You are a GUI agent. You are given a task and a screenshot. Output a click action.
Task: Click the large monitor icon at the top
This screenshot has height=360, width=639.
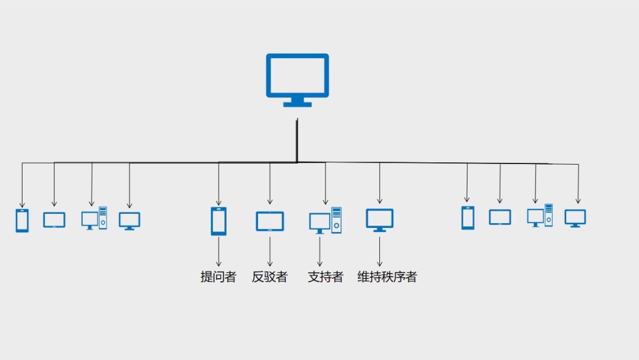point(297,77)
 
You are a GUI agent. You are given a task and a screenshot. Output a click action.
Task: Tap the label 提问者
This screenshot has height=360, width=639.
point(218,277)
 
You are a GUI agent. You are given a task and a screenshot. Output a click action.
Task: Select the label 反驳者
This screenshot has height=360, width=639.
point(269,277)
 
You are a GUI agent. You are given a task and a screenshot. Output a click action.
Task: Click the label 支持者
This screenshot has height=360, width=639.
point(325,277)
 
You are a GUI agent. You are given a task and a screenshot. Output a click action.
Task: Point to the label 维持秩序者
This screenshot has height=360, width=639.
point(387,277)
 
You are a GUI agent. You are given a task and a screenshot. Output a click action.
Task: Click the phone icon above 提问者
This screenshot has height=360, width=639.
point(218,221)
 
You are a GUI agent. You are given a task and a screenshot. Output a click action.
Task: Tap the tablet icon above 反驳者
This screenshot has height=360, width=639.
point(270,221)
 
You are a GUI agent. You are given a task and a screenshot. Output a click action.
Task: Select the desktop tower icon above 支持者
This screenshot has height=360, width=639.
point(325,220)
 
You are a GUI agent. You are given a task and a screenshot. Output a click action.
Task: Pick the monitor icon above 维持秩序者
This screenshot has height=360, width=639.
point(379,220)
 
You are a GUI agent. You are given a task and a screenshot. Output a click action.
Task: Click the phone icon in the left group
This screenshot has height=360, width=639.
point(22,220)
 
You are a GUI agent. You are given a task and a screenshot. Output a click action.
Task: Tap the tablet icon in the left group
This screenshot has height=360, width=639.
point(54,220)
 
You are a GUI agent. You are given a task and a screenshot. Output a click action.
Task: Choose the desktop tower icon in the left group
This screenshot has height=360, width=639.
point(94,218)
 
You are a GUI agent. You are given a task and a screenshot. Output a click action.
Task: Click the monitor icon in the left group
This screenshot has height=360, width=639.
point(130,220)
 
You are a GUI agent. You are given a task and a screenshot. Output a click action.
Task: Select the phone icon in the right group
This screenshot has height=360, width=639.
point(467,217)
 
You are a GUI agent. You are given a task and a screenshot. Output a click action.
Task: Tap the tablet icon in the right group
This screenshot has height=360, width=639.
point(500,217)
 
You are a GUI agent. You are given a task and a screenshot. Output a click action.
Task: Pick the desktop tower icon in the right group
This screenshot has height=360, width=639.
point(540,216)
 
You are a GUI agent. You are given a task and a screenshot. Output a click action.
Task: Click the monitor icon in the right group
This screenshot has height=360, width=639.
point(575,218)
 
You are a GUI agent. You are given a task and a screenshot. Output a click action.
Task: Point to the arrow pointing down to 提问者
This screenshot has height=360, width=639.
point(218,252)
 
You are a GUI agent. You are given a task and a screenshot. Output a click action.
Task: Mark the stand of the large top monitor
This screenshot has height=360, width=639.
point(297,102)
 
